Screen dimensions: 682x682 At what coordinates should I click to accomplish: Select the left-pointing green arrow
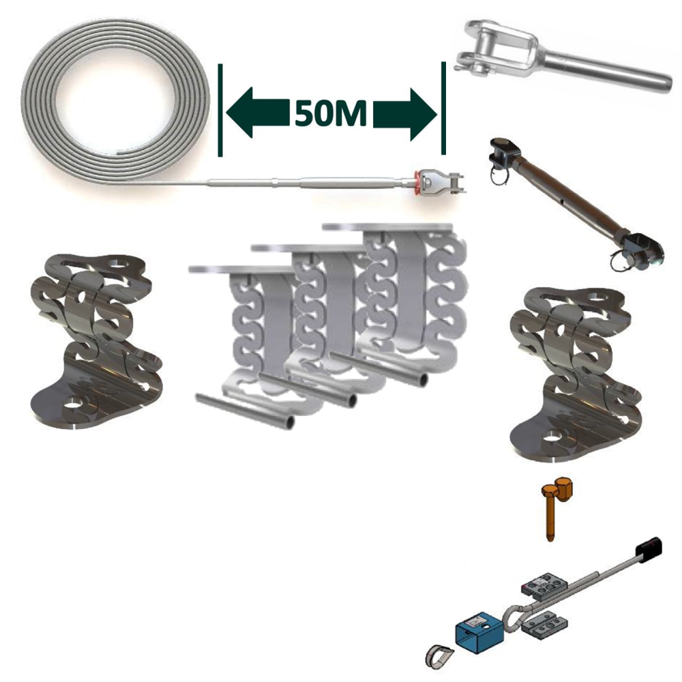[x=258, y=113]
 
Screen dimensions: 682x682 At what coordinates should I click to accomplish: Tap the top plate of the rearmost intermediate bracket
[x=387, y=227]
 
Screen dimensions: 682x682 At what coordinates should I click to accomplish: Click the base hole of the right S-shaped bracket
[x=553, y=435]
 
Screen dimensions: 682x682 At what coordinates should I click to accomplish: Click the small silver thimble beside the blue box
[x=438, y=655]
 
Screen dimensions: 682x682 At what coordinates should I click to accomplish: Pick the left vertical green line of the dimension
[x=220, y=110]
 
